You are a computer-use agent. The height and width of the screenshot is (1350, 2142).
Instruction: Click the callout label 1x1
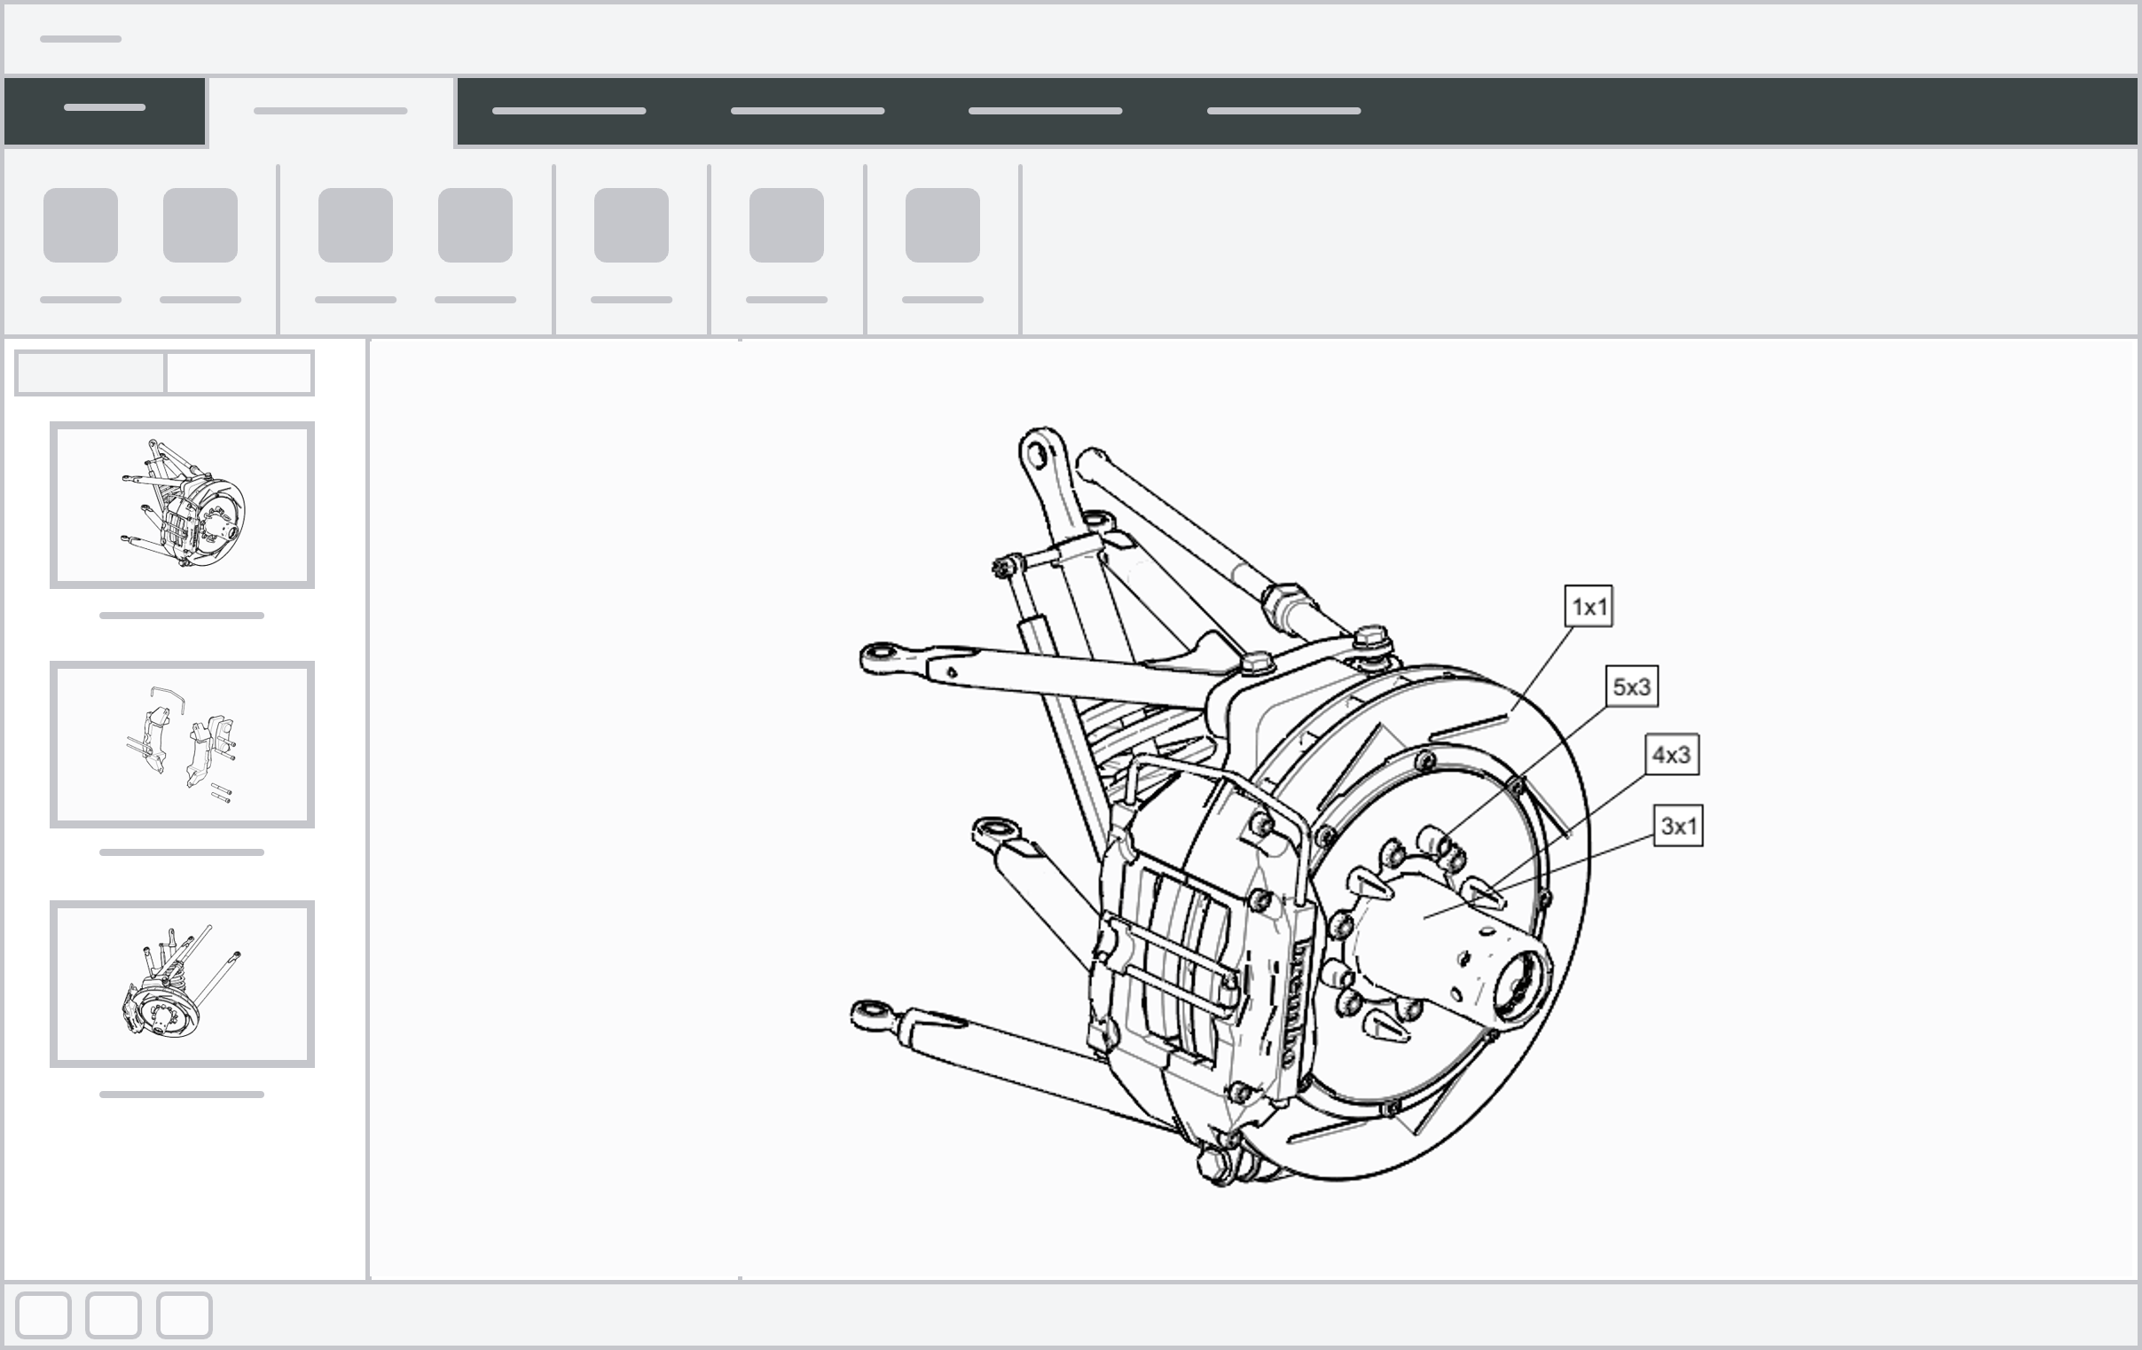coord(1589,607)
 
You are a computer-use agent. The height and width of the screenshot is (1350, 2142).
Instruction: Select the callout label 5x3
coord(1632,687)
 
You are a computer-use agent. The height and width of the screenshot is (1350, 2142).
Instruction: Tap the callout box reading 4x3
coord(1671,755)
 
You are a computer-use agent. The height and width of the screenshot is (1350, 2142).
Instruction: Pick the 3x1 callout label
coord(1678,826)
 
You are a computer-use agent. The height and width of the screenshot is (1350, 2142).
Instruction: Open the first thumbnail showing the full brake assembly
coord(183,505)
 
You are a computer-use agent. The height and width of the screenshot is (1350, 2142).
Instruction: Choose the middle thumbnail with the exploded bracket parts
coord(183,744)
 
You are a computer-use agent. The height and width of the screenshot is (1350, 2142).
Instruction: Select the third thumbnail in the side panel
coord(183,984)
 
